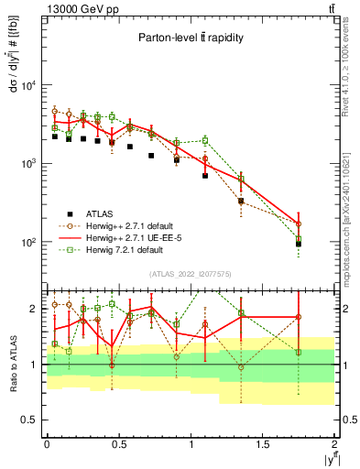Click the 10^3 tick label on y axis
pyautogui.click(x=27, y=164)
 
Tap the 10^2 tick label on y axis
pyautogui.click(x=27, y=243)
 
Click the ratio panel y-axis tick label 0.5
pyautogui.click(x=27, y=420)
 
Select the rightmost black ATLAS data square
pyautogui.click(x=299, y=244)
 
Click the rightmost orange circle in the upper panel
pyautogui.click(x=299, y=224)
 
